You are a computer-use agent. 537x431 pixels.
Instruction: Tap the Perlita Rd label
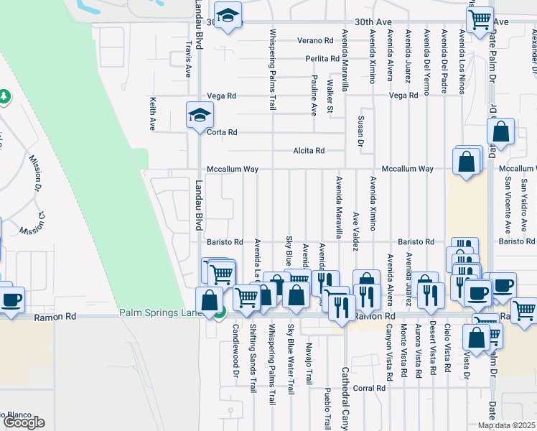pos(322,59)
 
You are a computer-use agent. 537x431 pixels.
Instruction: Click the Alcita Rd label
pos(309,151)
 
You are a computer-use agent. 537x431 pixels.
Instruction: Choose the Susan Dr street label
pos(360,130)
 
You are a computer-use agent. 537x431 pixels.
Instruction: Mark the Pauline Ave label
pos(314,94)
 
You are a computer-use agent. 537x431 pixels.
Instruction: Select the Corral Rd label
pos(370,388)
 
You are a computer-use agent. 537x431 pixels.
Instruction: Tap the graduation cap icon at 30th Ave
pos(228,15)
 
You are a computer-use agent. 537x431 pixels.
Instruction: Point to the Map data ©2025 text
pos(506,425)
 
